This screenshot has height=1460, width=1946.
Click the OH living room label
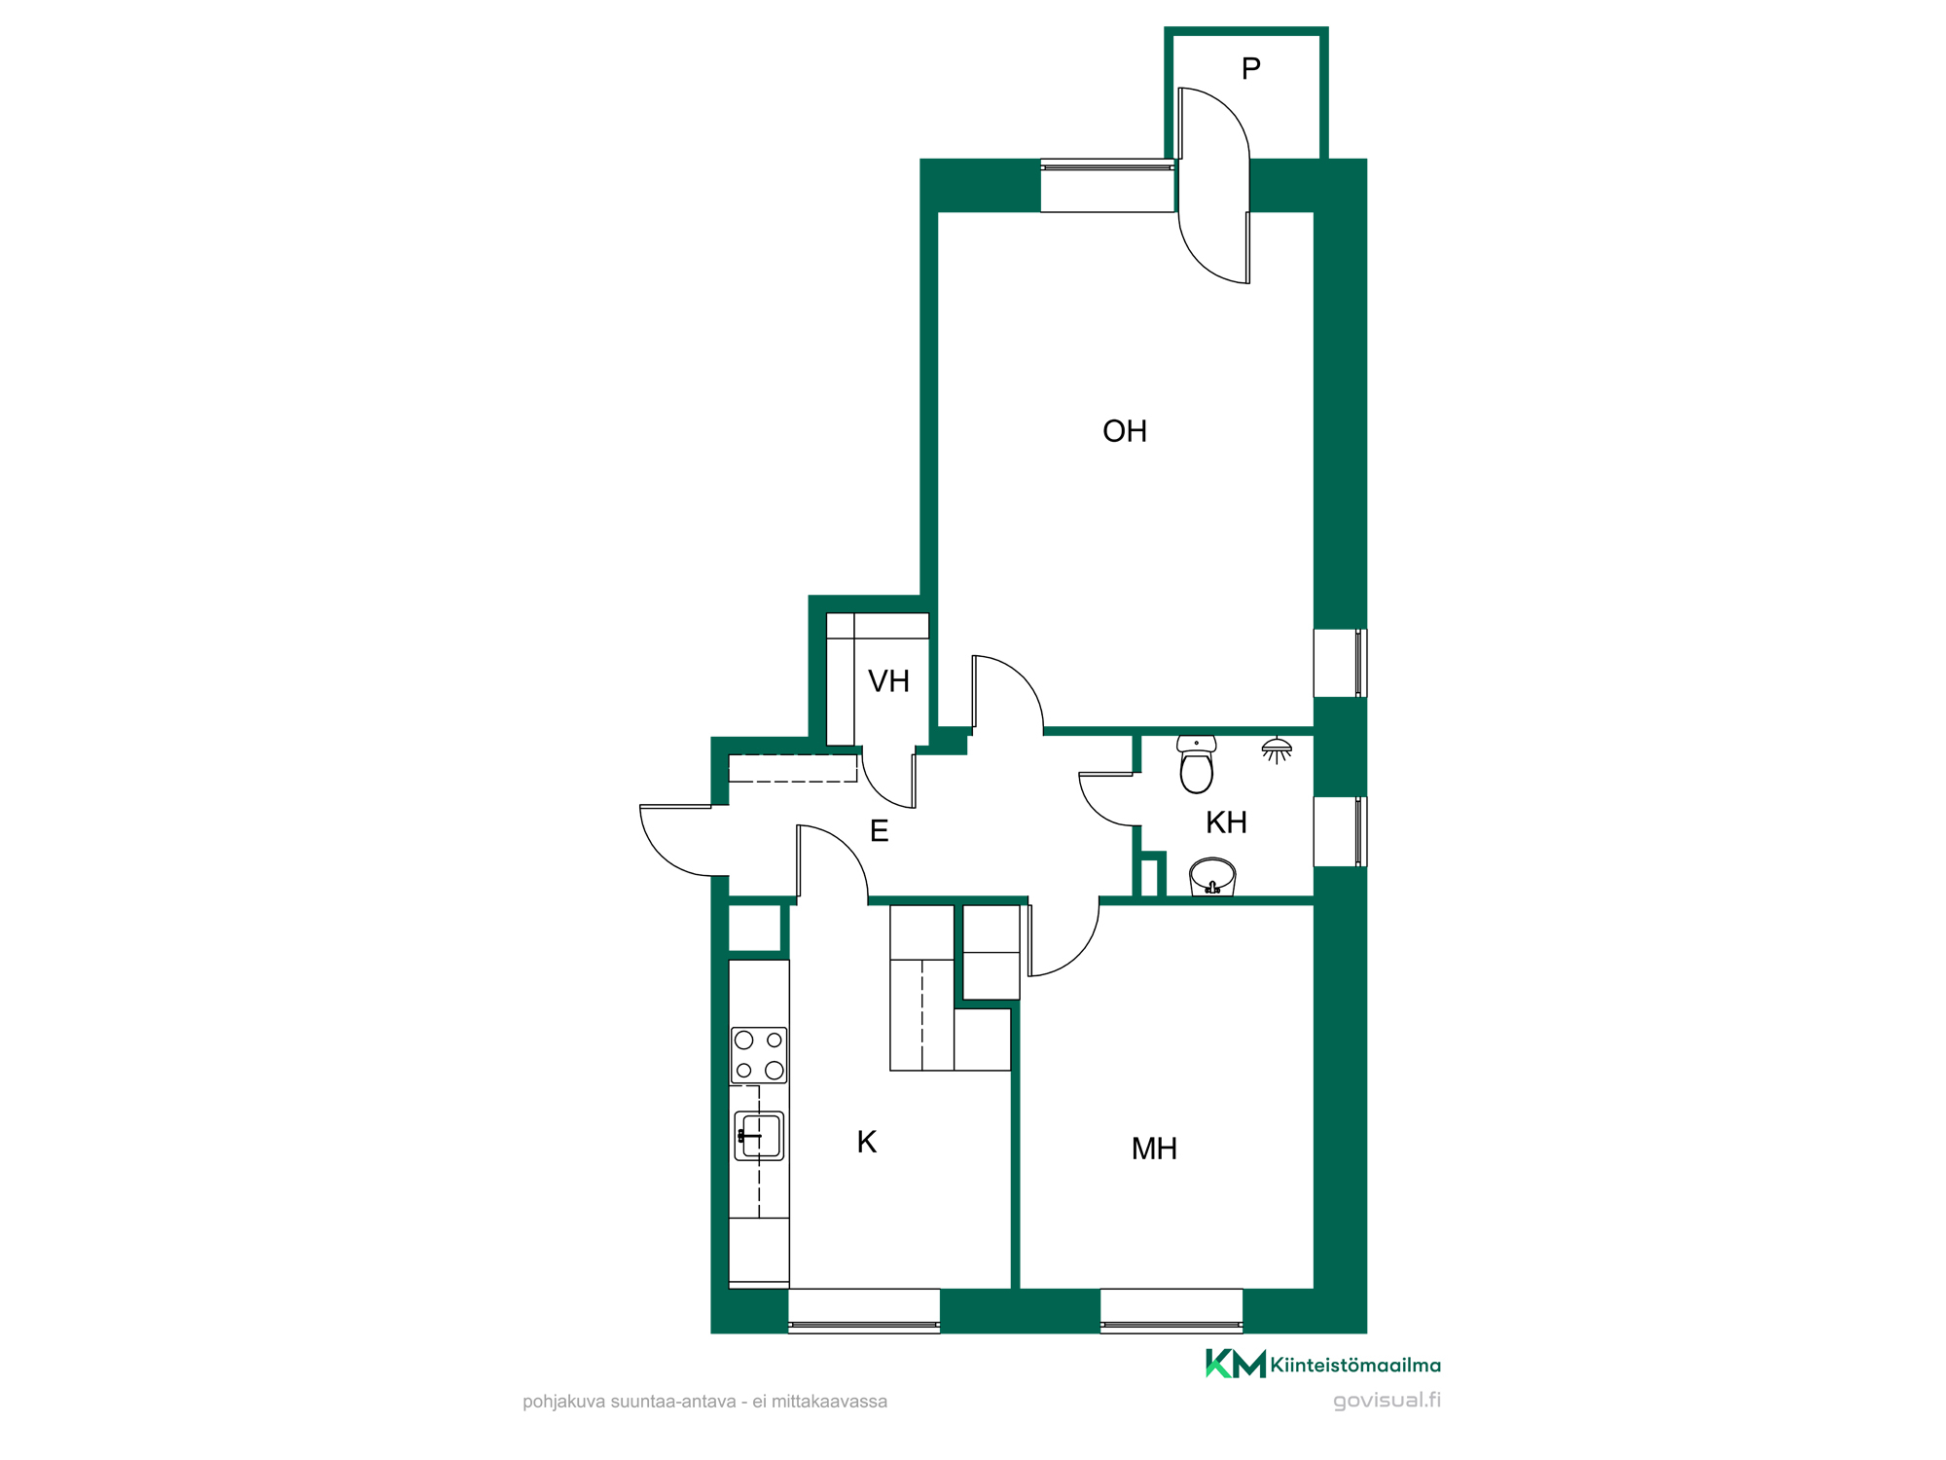[1125, 431]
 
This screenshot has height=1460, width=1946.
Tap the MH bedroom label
[1154, 1149]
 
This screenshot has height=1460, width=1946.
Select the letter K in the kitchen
[867, 1142]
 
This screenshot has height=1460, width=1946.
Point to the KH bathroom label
[1226, 822]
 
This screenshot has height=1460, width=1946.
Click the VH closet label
[888, 681]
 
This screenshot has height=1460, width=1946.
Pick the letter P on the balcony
[1251, 68]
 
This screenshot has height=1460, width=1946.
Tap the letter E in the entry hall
[879, 831]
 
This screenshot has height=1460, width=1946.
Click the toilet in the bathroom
[1197, 764]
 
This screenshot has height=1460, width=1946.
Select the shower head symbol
[1277, 750]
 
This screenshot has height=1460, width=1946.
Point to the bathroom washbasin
[1212, 877]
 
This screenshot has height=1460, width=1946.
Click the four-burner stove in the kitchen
[759, 1055]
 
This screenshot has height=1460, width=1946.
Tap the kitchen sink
[759, 1136]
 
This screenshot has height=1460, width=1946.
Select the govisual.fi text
[1387, 1400]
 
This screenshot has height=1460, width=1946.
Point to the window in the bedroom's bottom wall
[1171, 1310]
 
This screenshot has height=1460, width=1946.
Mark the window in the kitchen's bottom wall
[864, 1310]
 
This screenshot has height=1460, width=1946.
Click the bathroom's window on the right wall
[1340, 831]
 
